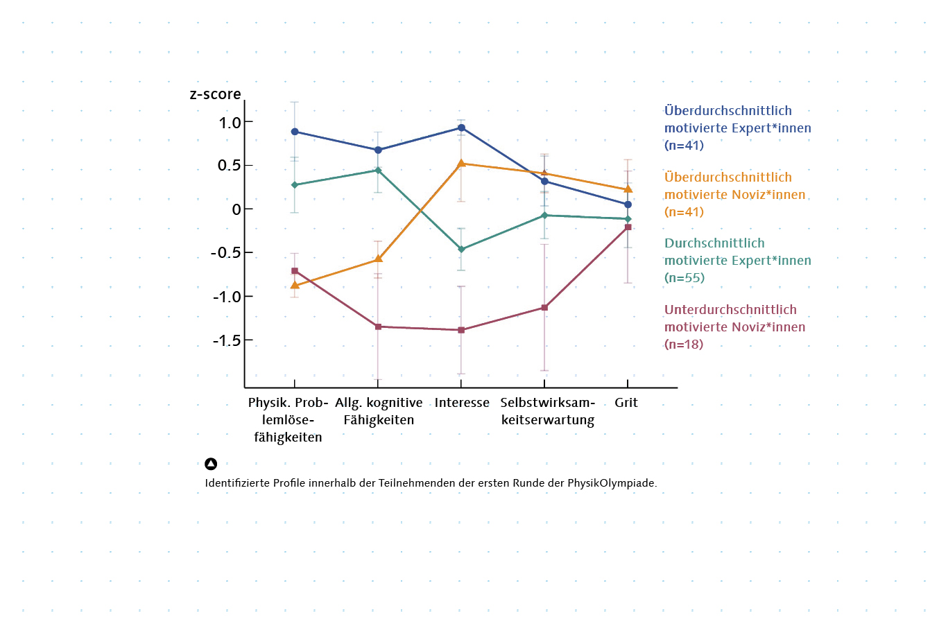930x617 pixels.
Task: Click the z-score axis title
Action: tap(215, 94)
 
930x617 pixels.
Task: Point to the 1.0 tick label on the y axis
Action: tap(227, 122)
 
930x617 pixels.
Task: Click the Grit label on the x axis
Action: tap(626, 403)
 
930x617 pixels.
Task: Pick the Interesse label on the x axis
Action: tap(462, 403)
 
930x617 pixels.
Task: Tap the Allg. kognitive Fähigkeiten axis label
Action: tap(379, 411)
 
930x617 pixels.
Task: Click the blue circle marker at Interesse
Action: tap(461, 128)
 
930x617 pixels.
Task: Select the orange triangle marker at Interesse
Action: tap(461, 164)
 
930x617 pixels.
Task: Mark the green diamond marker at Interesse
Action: tap(461, 250)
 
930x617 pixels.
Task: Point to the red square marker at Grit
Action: tap(628, 227)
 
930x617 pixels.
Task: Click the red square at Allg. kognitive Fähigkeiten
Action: tap(378, 327)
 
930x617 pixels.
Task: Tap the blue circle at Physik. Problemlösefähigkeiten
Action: tap(295, 132)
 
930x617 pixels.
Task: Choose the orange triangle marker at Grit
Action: tap(628, 189)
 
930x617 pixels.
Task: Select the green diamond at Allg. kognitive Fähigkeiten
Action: tap(378, 170)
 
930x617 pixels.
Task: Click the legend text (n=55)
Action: tap(684, 278)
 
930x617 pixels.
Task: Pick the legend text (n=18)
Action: tap(684, 344)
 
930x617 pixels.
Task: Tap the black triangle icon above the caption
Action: tap(211, 464)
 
